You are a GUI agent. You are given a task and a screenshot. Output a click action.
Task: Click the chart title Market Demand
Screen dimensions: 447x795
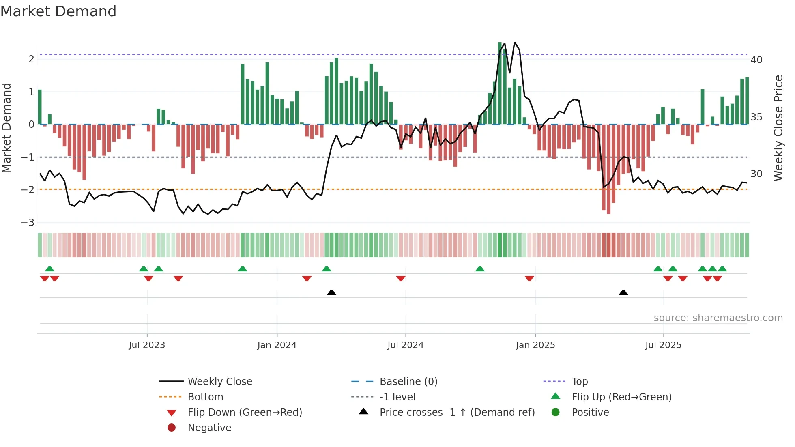pos(58,11)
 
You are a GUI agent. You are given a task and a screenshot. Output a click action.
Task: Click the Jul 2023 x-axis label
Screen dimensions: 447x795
pos(147,345)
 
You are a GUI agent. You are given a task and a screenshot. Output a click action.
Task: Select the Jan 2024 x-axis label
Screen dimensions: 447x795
pos(277,345)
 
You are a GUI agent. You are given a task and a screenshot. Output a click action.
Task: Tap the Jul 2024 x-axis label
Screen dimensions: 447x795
pos(405,345)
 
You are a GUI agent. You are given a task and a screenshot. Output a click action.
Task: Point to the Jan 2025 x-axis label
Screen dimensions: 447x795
pos(535,345)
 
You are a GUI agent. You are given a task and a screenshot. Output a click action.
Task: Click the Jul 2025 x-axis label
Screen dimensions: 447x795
pos(663,345)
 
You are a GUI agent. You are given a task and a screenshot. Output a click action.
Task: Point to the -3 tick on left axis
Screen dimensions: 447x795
pos(28,223)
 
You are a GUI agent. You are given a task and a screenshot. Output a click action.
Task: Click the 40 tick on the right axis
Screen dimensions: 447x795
pos(756,60)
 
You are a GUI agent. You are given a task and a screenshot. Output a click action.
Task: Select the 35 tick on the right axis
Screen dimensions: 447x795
pos(756,117)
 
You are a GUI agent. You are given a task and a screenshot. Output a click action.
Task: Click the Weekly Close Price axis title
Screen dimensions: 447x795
pos(778,128)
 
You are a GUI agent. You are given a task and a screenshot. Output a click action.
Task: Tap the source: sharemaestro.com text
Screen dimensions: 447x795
pos(718,318)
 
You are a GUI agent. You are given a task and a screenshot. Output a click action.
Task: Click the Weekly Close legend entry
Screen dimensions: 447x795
pos(219,382)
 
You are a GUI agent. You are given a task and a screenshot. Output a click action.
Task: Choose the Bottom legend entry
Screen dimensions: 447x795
pos(205,397)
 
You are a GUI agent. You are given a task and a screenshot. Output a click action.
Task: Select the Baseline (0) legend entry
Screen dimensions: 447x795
pos(408,382)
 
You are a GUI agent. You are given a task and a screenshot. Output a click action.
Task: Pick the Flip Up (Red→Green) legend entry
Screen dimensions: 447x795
pos(621,397)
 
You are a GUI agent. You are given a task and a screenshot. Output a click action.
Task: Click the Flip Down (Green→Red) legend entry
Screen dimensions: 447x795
pos(245,413)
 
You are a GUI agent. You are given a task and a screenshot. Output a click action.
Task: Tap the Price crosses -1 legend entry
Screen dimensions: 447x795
pos(457,413)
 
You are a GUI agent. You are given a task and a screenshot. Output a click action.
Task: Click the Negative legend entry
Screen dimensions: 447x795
pos(209,428)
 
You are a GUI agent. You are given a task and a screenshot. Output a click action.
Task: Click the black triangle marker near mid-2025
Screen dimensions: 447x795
pos(623,293)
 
